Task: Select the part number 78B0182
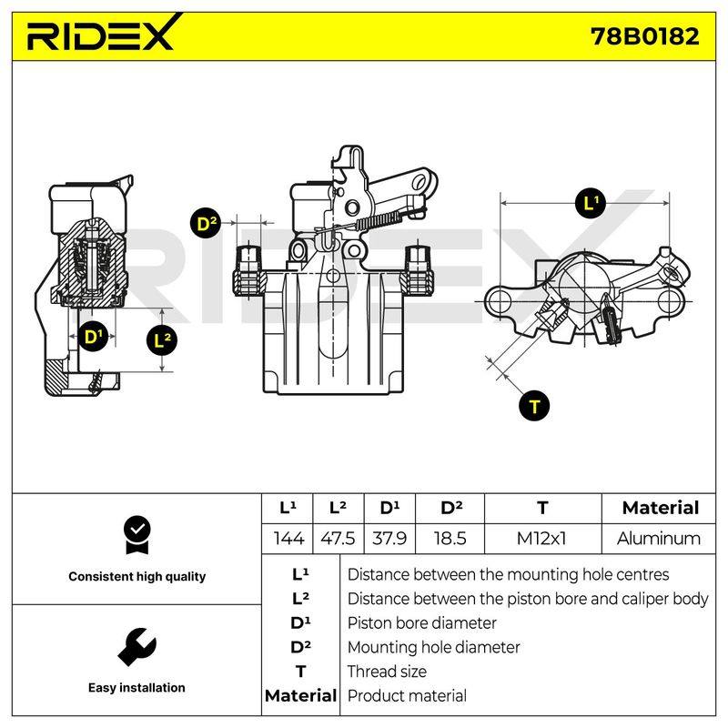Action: click(x=644, y=36)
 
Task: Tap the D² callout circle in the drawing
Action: click(x=206, y=223)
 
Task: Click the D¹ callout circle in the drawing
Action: click(x=93, y=336)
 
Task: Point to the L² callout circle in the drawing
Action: click(x=162, y=339)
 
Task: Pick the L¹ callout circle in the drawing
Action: click(x=590, y=203)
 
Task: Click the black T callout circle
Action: click(x=534, y=405)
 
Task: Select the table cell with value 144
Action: click(x=288, y=539)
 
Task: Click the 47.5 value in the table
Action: click(x=338, y=539)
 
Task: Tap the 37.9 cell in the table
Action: click(x=389, y=539)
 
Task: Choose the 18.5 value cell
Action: click(x=450, y=539)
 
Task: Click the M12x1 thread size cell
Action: click(x=541, y=539)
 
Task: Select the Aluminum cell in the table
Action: click(x=658, y=539)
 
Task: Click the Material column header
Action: click(x=661, y=508)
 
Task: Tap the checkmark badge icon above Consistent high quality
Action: click(x=137, y=535)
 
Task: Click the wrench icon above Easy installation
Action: click(x=137, y=647)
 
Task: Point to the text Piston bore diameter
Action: click(x=421, y=623)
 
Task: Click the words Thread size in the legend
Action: click(x=387, y=672)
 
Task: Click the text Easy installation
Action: click(x=136, y=688)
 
